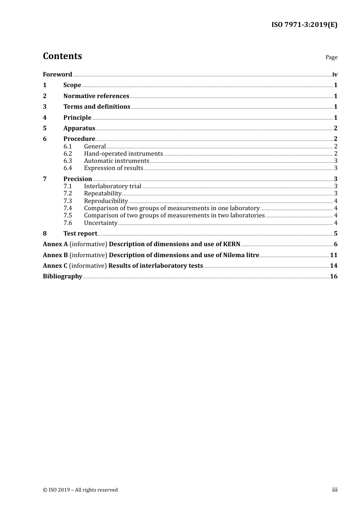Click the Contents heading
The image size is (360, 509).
click(x=62, y=56)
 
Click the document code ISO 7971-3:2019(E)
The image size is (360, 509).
click(x=304, y=25)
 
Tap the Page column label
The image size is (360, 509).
click(x=331, y=57)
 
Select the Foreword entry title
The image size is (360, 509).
click(x=57, y=74)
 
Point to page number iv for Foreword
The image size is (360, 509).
click(x=335, y=74)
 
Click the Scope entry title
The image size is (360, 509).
click(x=72, y=85)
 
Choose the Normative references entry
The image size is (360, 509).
click(x=96, y=96)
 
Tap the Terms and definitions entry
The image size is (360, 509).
click(x=97, y=106)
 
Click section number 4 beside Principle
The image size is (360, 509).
click(x=45, y=117)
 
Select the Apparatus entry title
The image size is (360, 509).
click(x=79, y=128)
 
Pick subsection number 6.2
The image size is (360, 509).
click(x=68, y=153)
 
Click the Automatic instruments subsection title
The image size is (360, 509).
click(x=116, y=161)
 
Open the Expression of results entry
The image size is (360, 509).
click(x=113, y=168)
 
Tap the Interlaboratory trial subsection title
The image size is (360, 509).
click(x=112, y=186)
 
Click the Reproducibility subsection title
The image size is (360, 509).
click(x=106, y=201)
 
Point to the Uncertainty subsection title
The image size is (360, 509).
click(x=100, y=223)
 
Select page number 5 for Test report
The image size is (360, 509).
click(x=335, y=233)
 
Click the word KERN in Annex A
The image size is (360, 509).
click(x=232, y=244)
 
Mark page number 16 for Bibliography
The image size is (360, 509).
click(x=333, y=276)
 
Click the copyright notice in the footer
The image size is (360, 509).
click(x=80, y=490)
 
